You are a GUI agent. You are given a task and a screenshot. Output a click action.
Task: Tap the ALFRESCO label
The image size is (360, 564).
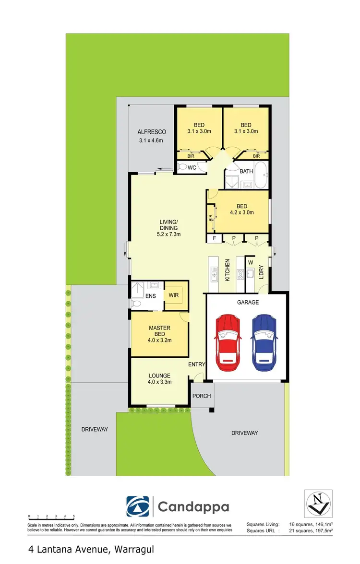pyautogui.click(x=152, y=132)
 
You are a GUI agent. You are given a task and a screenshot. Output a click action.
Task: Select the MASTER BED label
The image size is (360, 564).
pyautogui.click(x=160, y=328)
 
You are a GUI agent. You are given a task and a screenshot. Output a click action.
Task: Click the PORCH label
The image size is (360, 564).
pyautogui.click(x=201, y=396)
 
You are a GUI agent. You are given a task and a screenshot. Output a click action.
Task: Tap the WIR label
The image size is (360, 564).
pyautogui.click(x=173, y=295)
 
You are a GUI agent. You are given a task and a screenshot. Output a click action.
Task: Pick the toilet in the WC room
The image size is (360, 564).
pyautogui.click(x=182, y=167)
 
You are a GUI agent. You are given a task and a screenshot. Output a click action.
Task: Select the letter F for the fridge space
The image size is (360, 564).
pyautogui.click(x=215, y=238)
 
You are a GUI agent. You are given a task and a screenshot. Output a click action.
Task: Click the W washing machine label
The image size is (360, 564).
pyautogui.click(x=251, y=262)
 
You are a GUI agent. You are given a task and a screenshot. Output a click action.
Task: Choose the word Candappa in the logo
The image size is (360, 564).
pyautogui.click(x=193, y=507)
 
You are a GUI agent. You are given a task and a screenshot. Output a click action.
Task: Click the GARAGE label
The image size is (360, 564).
pyautogui.click(x=248, y=302)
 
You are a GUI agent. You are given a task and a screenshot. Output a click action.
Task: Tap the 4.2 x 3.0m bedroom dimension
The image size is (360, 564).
pyautogui.click(x=242, y=212)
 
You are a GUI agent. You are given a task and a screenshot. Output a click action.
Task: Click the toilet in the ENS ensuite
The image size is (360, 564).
pyautogui.click(x=136, y=304)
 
